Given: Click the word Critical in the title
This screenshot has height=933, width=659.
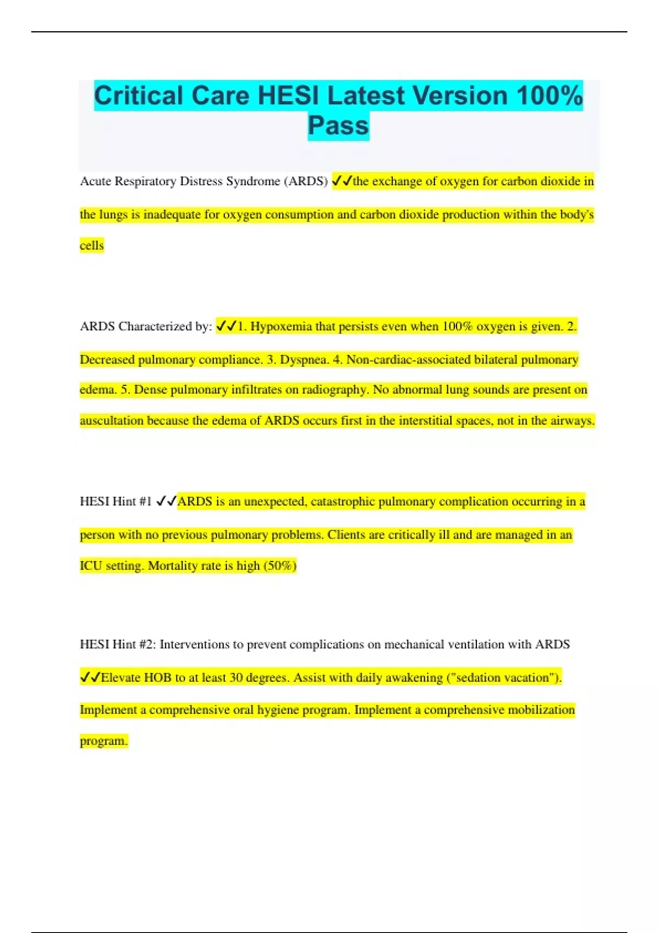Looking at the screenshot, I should click(x=138, y=95).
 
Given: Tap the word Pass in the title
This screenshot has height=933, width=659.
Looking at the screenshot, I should click(x=338, y=126).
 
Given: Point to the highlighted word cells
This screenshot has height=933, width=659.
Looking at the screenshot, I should click(x=92, y=245).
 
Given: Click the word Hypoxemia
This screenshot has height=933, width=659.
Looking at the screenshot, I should click(x=281, y=327).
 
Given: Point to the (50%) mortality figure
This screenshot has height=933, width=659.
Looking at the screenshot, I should click(x=280, y=566).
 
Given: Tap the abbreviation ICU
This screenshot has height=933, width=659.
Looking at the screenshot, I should click(x=91, y=566).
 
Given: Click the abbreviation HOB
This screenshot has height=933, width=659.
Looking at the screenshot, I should click(x=158, y=678).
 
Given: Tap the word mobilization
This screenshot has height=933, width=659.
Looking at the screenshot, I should click(x=541, y=710).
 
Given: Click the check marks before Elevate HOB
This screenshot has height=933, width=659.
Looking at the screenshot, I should click(x=90, y=678).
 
